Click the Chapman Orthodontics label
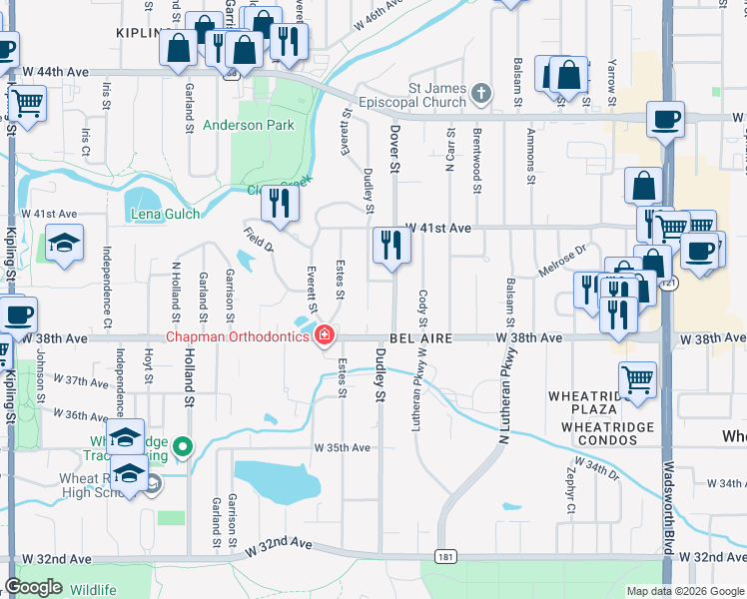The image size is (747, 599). pyautogui.click(x=237, y=336)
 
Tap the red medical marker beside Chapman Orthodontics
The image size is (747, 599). pyautogui.click(x=324, y=335)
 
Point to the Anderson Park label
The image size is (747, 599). pyautogui.click(x=249, y=126)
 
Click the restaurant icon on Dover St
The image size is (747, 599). pyautogui.click(x=390, y=244)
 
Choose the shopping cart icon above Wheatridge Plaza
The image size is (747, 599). pyautogui.click(x=638, y=378)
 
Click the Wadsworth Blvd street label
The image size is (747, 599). pyautogui.click(x=667, y=509)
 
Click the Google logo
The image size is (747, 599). pyautogui.click(x=34, y=587)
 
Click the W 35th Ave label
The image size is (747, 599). pyautogui.click(x=342, y=447)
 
